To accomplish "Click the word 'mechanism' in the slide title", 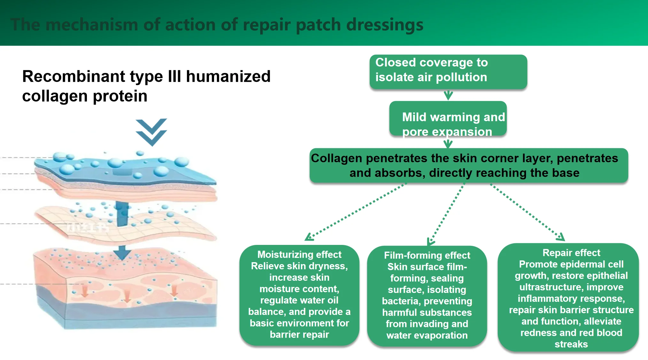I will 92,25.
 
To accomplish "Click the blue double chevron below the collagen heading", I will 151,132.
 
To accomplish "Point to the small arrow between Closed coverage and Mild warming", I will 448,95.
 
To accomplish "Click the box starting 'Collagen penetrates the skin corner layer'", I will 468,165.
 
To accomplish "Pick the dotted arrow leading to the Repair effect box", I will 527,212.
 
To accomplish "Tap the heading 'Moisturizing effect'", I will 299,254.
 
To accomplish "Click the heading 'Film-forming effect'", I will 427,255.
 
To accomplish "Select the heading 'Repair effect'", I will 571,253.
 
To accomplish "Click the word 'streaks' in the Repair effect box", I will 571,344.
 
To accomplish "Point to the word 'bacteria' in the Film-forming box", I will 400,301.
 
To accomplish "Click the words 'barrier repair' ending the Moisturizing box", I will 299,335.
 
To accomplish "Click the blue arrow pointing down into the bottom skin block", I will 122,253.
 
